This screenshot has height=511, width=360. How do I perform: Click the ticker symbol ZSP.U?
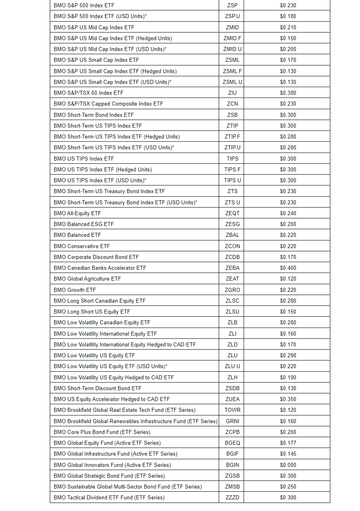(232, 16)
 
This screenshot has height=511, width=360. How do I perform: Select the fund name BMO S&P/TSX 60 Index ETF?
(89, 93)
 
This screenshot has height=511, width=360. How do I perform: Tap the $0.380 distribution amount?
(288, 93)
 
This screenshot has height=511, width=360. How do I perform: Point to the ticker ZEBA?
(232, 268)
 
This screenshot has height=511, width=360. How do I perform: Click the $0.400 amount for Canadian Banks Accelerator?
(288, 268)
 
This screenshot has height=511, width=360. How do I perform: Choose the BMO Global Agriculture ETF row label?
(87, 279)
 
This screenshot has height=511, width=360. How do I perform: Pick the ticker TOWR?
(232, 410)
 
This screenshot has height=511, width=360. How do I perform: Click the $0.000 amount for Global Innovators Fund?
(288, 465)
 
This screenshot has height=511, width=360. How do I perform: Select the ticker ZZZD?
(232, 497)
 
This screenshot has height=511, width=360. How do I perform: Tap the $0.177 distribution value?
(288, 443)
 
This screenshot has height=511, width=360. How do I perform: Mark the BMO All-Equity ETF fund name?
(77, 213)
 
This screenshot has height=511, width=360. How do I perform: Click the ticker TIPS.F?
(232, 169)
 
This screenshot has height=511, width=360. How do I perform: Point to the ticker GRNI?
(232, 421)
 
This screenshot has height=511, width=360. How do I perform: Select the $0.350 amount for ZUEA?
(288, 399)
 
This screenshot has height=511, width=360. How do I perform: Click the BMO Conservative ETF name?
(82, 246)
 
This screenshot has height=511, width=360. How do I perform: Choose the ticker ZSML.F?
(232, 71)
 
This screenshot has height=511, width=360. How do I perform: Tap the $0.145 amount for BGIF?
(288, 454)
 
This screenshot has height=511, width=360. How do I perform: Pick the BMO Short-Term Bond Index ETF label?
(94, 115)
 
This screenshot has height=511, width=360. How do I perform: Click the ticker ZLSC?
(232, 301)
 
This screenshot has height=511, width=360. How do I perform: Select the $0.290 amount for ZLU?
(288, 355)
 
